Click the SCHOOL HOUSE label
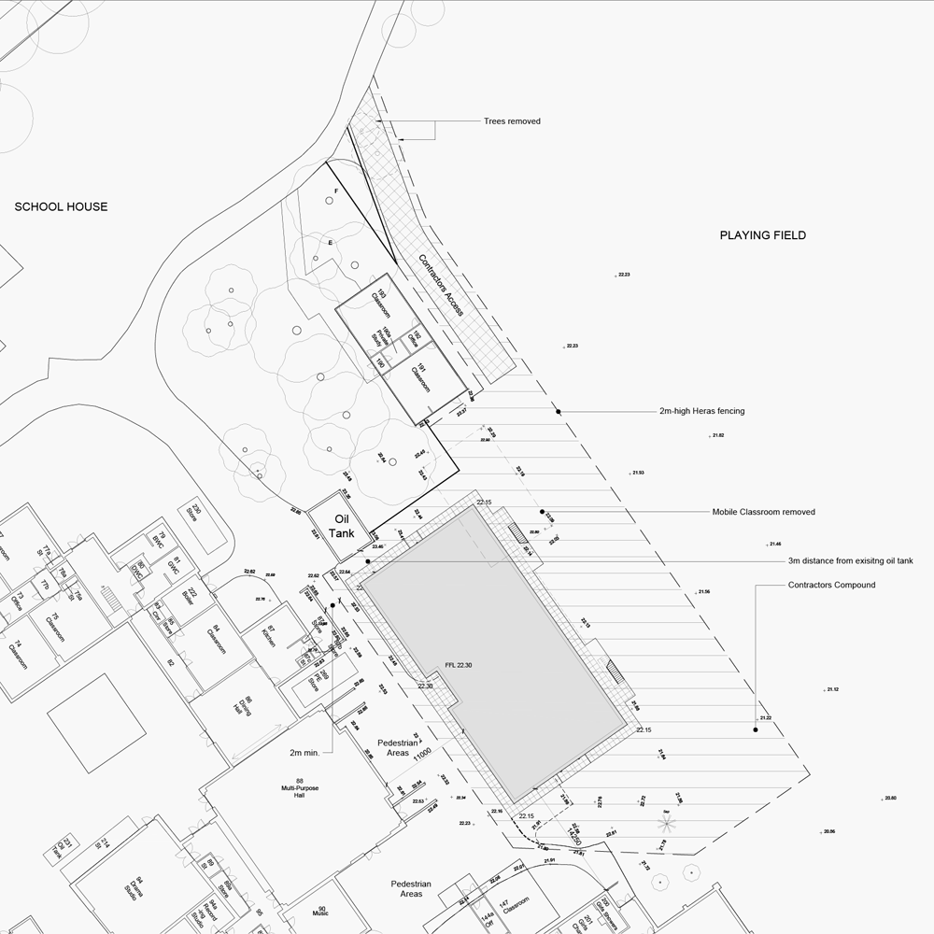point(61,207)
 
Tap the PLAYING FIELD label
point(762,235)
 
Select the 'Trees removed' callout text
point(512,121)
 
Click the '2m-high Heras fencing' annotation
point(701,411)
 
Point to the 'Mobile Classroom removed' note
point(763,512)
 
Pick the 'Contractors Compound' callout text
point(831,585)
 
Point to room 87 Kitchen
point(269,638)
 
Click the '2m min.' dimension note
point(305,752)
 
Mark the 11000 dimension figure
point(423,752)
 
